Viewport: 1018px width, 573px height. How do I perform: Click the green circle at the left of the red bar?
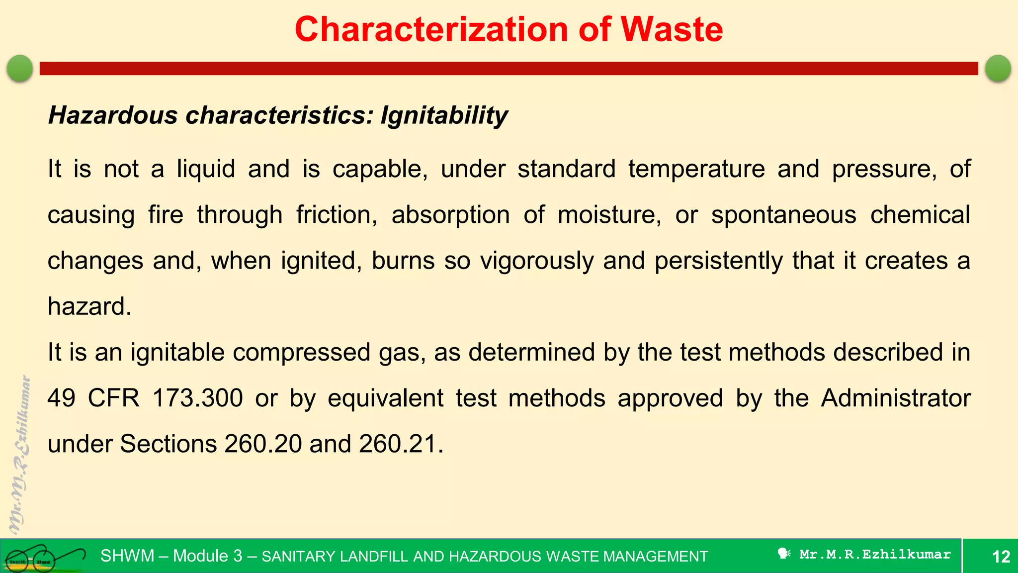[20, 68]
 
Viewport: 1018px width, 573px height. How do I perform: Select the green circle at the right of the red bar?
[998, 68]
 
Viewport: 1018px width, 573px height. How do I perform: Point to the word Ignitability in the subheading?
[444, 116]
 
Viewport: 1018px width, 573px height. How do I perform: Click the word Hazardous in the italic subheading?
[113, 115]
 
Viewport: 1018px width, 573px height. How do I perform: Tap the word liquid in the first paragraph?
[206, 169]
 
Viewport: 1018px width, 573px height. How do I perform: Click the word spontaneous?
[784, 215]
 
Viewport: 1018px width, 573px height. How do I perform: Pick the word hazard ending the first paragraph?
[89, 306]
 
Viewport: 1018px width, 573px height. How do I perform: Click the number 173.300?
[197, 398]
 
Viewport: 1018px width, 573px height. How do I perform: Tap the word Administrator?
[895, 398]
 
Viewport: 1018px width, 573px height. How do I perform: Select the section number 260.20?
[263, 444]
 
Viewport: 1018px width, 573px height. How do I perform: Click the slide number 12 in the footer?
[1001, 557]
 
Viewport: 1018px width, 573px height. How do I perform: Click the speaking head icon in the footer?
[784, 554]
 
